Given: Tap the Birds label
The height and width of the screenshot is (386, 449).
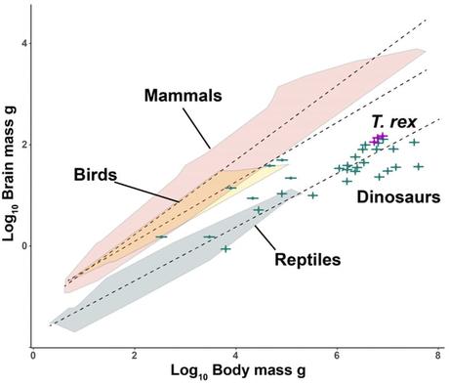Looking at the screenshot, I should coord(95,176).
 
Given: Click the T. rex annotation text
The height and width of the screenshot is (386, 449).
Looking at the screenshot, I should coord(394,121).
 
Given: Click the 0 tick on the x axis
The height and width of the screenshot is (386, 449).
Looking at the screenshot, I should coord(33,356).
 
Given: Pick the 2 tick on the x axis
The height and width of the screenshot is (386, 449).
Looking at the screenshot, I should coord(134,356).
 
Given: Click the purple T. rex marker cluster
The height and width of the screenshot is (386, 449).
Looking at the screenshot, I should coord(378,139).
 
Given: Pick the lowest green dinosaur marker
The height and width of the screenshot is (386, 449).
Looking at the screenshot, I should coord(225,249).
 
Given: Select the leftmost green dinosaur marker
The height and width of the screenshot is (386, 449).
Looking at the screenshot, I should coord(161,236).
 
